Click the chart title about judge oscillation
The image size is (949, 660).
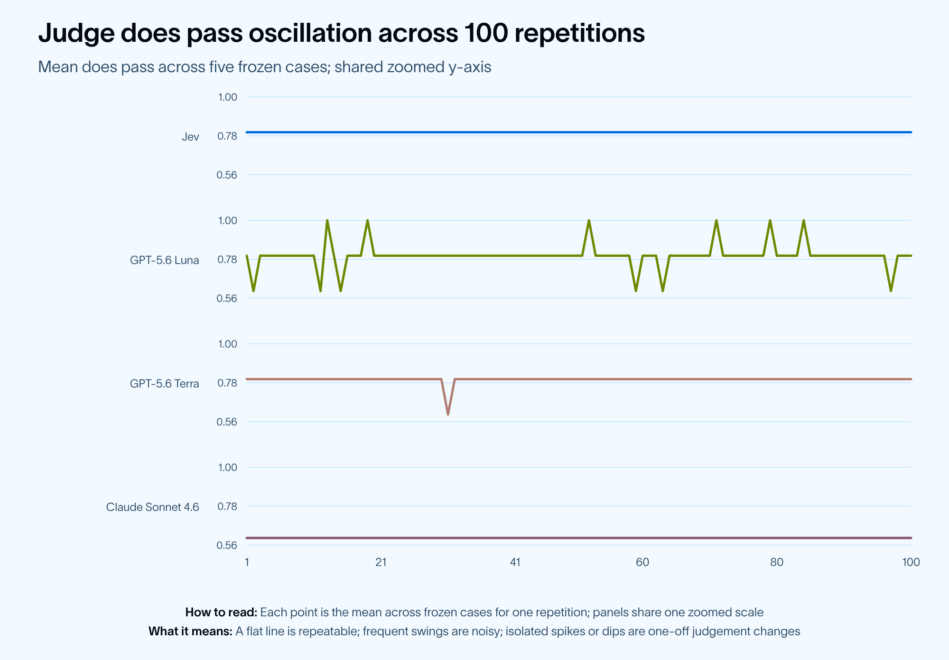[341, 34]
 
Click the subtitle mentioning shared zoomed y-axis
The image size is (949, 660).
[265, 67]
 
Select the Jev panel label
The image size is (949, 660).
[190, 137]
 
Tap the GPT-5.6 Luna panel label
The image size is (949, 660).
[165, 260]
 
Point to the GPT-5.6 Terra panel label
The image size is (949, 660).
[165, 384]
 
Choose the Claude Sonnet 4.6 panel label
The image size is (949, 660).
[153, 507]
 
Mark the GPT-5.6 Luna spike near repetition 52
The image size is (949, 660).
[589, 220]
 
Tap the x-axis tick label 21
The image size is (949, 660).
[381, 562]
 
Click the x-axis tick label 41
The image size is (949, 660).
[515, 562]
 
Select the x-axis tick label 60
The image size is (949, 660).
[642, 562]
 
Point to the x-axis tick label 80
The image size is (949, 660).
[777, 562]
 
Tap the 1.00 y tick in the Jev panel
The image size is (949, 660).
[227, 97]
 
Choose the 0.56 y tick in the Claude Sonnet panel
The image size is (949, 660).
[227, 545]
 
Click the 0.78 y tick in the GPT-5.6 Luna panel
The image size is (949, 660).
[227, 259]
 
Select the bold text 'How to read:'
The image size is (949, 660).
[221, 612]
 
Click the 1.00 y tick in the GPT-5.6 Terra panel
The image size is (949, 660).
[227, 344]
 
